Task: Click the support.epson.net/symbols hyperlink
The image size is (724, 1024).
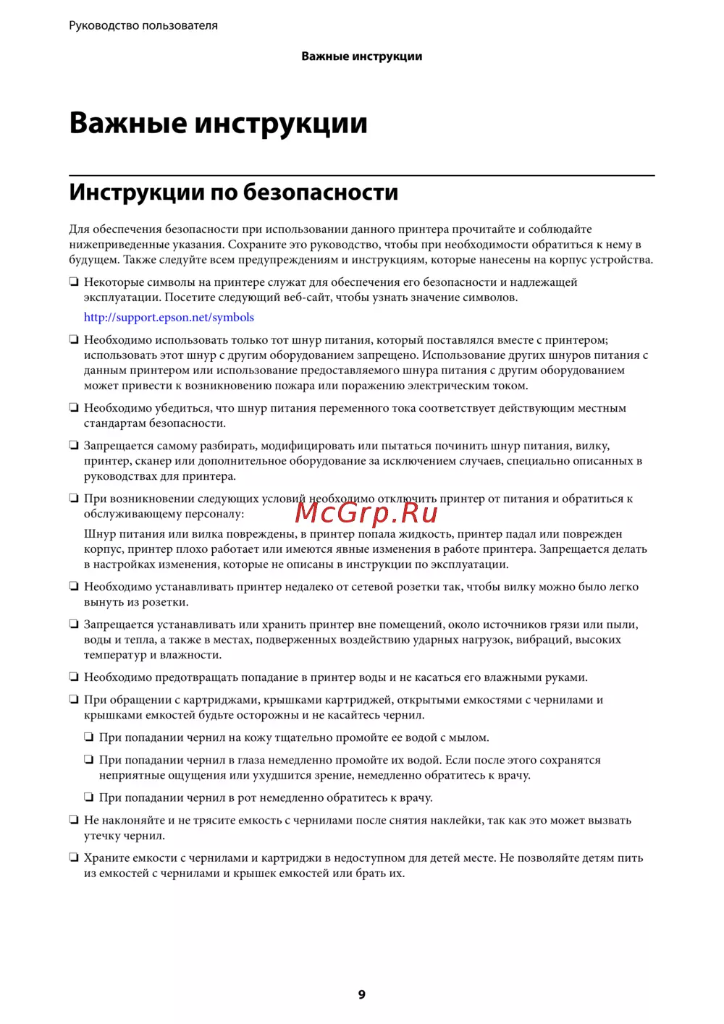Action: pyautogui.click(x=169, y=318)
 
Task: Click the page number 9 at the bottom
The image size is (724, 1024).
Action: pyautogui.click(x=362, y=995)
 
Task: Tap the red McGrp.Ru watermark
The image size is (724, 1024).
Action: pyautogui.click(x=366, y=512)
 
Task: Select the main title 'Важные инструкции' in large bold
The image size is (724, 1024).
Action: pyautogui.click(x=218, y=123)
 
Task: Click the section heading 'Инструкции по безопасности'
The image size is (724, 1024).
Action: pyautogui.click(x=233, y=192)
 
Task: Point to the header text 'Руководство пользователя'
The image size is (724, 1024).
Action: pyautogui.click(x=143, y=26)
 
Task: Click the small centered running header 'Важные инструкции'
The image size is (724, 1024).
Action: pyautogui.click(x=362, y=56)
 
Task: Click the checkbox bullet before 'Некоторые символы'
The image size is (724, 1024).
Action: pyautogui.click(x=74, y=282)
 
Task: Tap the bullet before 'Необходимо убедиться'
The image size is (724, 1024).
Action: pyautogui.click(x=74, y=408)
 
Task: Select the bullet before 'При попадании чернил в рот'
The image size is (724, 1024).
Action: pyautogui.click(x=89, y=797)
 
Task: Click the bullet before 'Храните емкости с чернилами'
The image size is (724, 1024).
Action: pyautogui.click(x=74, y=858)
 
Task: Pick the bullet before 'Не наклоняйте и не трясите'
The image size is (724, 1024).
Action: pyautogui.click(x=74, y=820)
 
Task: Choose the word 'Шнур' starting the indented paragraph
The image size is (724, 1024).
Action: pyautogui.click(x=100, y=534)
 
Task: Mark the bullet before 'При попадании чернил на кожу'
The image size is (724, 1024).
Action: pyautogui.click(x=89, y=737)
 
